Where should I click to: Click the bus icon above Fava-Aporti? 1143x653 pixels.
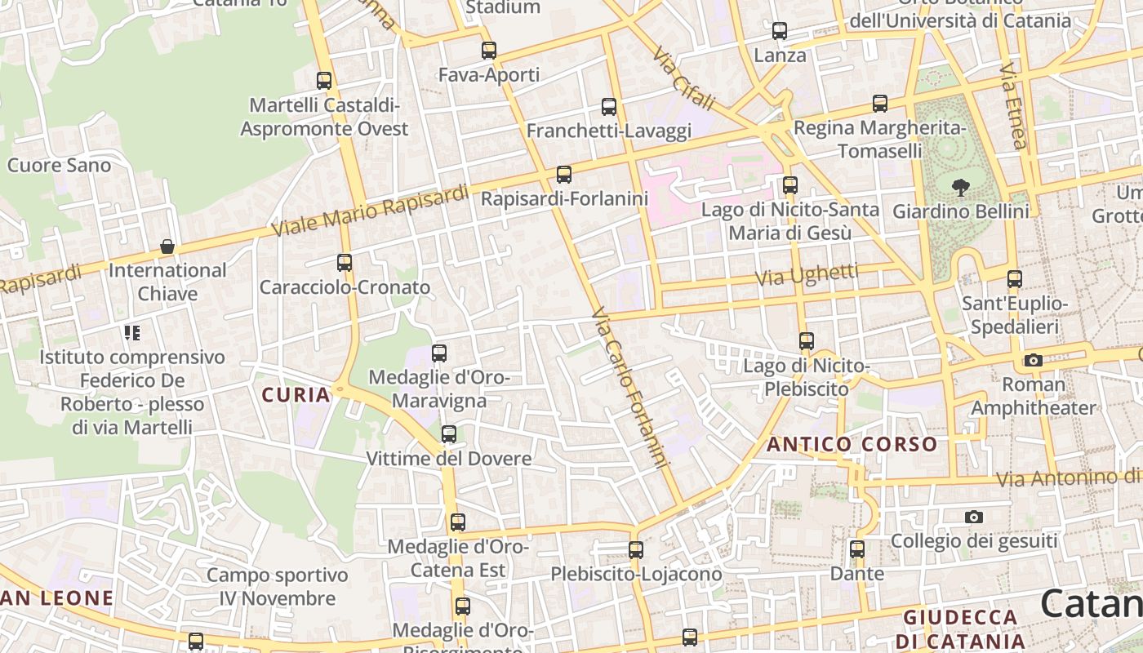click(x=488, y=51)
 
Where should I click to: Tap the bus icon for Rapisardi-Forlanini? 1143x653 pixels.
click(x=563, y=175)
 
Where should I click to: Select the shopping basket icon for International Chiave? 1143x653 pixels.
click(x=167, y=247)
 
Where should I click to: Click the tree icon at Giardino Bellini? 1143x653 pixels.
click(x=961, y=188)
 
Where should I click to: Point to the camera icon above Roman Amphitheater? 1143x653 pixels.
click(x=1033, y=361)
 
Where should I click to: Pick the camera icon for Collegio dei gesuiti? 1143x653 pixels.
click(x=973, y=517)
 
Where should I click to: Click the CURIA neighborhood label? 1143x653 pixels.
click(x=296, y=395)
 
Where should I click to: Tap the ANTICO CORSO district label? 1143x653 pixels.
click(x=852, y=445)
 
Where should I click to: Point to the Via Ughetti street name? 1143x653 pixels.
click(x=807, y=275)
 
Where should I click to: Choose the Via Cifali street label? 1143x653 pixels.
click(x=683, y=78)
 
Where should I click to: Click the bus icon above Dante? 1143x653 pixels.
click(x=857, y=549)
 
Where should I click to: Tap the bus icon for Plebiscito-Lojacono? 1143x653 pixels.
click(x=636, y=550)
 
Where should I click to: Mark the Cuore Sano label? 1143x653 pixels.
click(x=59, y=166)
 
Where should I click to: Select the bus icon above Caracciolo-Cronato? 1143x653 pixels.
click(x=345, y=263)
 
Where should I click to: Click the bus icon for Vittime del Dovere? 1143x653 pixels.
click(x=448, y=434)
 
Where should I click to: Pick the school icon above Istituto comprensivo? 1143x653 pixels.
click(x=132, y=333)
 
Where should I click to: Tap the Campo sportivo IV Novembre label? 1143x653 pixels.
click(x=278, y=586)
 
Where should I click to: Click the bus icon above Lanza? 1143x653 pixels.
click(x=780, y=31)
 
